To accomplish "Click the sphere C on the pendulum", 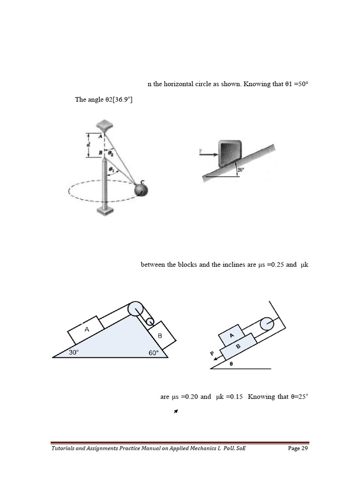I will click(140, 190).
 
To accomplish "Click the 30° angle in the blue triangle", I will click(74, 352).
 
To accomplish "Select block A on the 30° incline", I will click(86, 330).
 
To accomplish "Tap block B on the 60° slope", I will click(161, 336).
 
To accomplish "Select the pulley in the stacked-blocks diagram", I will click(266, 324).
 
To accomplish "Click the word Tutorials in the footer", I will click(64, 449).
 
